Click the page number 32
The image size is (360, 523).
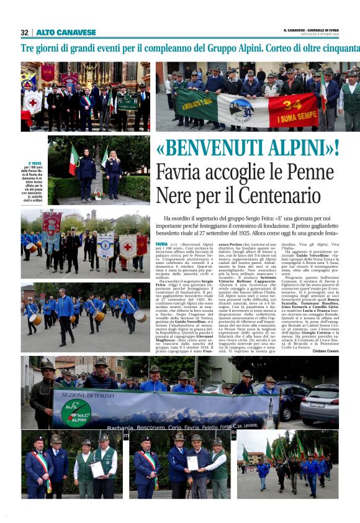tap(24, 32)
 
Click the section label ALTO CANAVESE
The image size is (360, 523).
tap(66, 32)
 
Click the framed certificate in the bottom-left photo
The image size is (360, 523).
tap(96, 468)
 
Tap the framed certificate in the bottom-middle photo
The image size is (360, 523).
tap(192, 463)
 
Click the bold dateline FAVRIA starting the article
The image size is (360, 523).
tap(161, 245)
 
